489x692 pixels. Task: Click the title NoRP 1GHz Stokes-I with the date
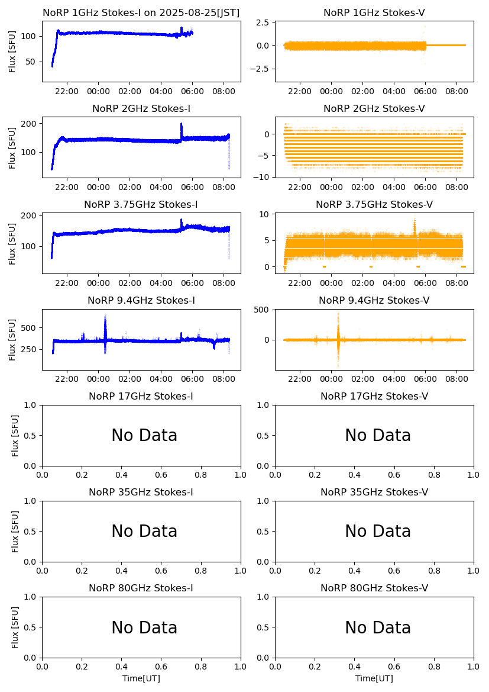click(141, 12)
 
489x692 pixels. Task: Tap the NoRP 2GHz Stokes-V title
click(374, 108)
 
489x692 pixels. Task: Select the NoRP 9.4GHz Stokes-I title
click(141, 300)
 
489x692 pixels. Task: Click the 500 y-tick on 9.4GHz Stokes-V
click(263, 310)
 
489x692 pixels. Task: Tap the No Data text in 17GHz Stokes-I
click(144, 436)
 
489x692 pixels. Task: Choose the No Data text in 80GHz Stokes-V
click(378, 627)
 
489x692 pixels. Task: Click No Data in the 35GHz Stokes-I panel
click(144, 532)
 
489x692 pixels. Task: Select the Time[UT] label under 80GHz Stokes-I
click(141, 678)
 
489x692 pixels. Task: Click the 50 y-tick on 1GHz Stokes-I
click(31, 62)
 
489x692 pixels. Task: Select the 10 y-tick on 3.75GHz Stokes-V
click(265, 214)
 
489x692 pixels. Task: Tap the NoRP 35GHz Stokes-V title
click(374, 492)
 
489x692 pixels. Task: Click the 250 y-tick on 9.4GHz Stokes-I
click(28, 349)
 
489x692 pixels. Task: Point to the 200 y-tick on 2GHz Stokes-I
click(28, 123)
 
